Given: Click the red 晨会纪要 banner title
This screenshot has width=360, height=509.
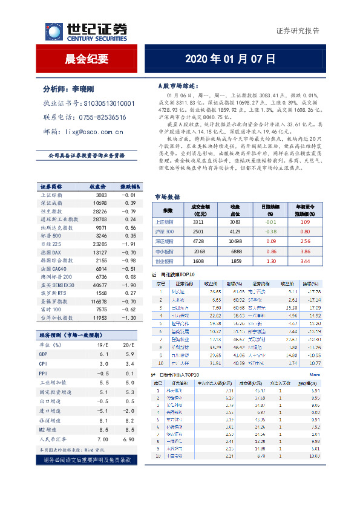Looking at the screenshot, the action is click(x=87, y=59).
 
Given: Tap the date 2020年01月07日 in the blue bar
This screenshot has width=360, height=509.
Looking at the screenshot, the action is click(x=230, y=59).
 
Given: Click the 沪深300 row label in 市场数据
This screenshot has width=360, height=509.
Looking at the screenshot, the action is click(x=166, y=232).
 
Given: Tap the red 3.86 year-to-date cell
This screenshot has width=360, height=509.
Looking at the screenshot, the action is click(x=306, y=250).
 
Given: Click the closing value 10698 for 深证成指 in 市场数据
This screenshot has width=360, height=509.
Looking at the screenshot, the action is click(x=235, y=241).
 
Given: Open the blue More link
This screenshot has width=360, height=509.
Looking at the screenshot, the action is click(x=315, y=375).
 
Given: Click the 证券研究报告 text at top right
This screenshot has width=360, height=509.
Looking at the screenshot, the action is click(x=298, y=31).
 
